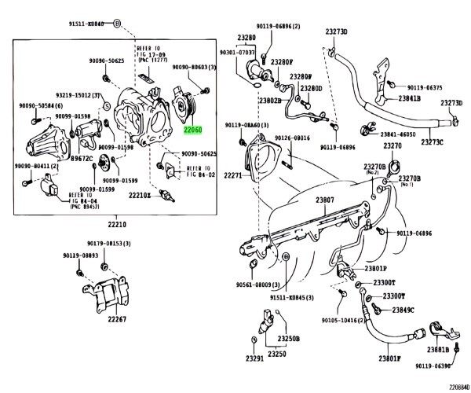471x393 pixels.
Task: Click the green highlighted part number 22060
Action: (192, 131)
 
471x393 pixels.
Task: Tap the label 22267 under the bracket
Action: (117, 319)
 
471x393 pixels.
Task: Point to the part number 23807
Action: (325, 200)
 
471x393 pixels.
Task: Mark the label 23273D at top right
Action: (336, 32)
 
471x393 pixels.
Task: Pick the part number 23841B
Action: (409, 99)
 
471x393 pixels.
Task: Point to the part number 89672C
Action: (81, 157)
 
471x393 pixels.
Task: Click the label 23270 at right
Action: (392, 146)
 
